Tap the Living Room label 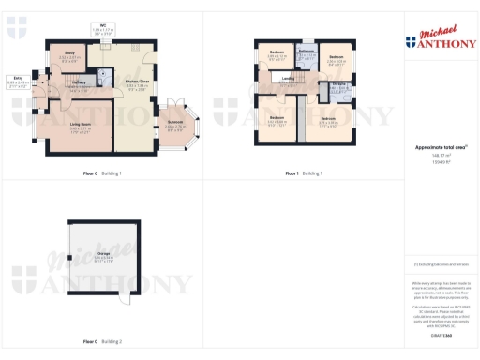click(x=84, y=120)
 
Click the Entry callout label click(x=18, y=80)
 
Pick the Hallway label click(x=80, y=82)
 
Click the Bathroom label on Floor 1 click(x=307, y=50)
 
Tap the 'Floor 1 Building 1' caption click(x=304, y=173)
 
